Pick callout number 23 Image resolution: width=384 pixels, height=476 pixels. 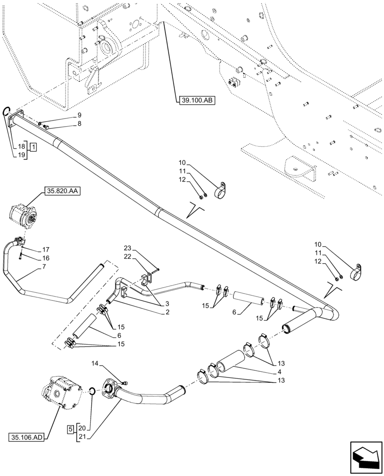tap(127, 248)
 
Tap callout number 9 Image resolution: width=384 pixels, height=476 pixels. tap(79, 115)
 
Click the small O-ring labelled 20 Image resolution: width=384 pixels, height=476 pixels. tap(93, 391)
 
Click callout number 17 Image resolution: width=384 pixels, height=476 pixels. tap(46, 249)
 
